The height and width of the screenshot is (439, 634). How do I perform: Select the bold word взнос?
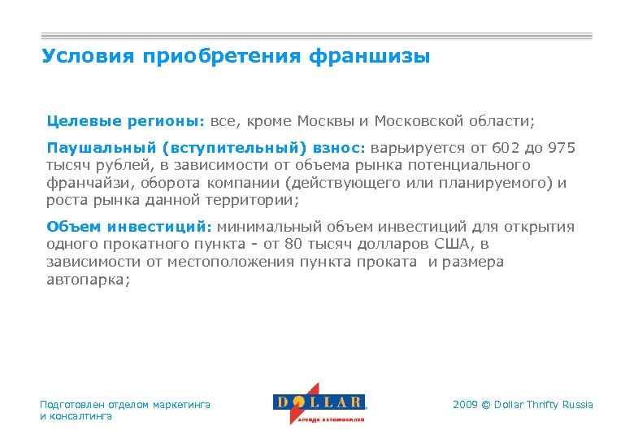[340, 148]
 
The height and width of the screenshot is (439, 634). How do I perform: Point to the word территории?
[261, 200]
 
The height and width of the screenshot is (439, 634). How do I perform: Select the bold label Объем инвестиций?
[128, 227]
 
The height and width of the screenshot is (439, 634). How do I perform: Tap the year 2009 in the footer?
[465, 405]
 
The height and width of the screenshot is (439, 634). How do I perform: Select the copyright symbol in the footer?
[487, 405]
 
